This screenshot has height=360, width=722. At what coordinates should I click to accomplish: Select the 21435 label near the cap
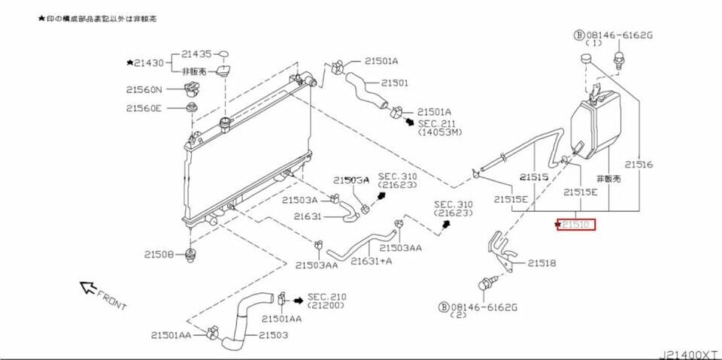pyautogui.click(x=196, y=55)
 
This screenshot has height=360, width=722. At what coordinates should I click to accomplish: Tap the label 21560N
pyautogui.click(x=144, y=89)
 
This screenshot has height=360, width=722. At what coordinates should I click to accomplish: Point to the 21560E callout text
pyautogui.click(x=144, y=107)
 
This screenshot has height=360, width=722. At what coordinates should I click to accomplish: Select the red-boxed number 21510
pyautogui.click(x=576, y=224)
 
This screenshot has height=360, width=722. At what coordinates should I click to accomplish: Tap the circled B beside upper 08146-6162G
pyautogui.click(x=579, y=35)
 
